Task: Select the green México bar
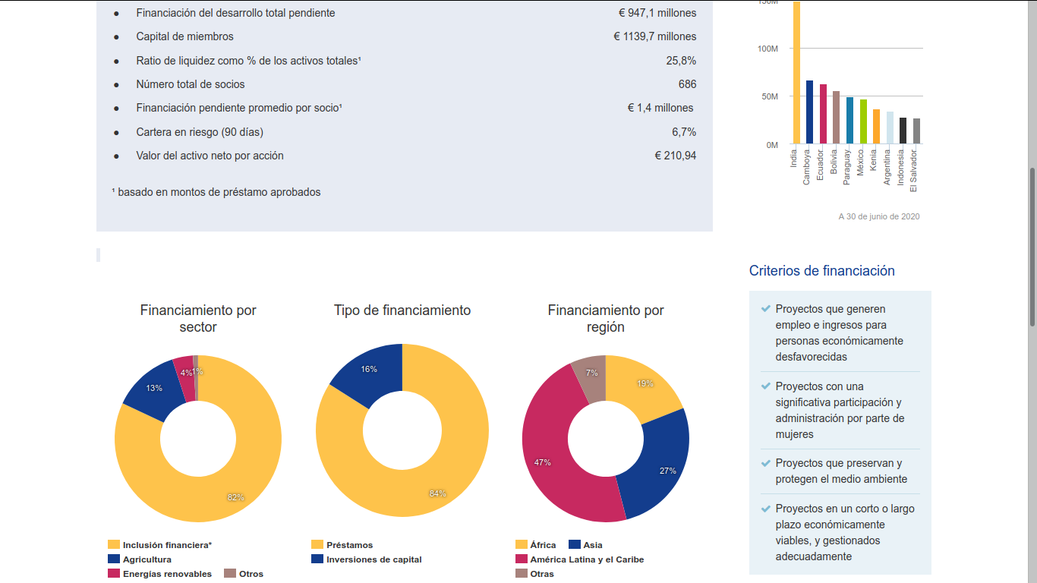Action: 862,121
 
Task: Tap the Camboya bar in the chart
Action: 809,112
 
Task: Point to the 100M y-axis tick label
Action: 768,49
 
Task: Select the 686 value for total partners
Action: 687,84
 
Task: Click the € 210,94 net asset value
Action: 675,156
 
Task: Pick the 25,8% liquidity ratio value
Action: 681,61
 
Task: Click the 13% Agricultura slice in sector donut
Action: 152,390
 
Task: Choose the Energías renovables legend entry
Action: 167,574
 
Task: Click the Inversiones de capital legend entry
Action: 374,559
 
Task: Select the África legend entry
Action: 543,545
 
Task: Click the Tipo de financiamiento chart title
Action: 402,310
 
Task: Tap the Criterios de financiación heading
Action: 821,271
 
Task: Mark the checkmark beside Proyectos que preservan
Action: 765,463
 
